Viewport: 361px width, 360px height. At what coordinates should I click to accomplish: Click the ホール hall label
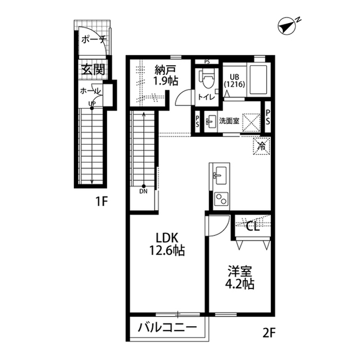click(90, 91)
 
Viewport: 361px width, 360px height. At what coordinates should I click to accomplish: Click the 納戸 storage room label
click(166, 75)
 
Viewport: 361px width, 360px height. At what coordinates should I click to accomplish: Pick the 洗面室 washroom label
click(230, 120)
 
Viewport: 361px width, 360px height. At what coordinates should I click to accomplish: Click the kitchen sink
click(218, 176)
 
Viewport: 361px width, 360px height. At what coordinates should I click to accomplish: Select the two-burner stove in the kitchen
click(219, 199)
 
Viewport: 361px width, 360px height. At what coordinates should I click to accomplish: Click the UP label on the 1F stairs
click(91, 103)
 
